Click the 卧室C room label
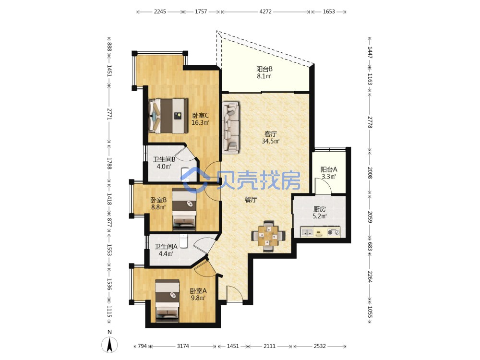pos(201,115)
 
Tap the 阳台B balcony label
pos(264,69)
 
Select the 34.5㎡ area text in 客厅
pos(271,141)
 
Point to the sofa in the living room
pos(231,127)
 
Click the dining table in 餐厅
pos(268,236)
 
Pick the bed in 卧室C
pos(168,116)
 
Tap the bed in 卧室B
pos(184,209)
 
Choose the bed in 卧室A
pos(167,300)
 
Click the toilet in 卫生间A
pos(183,241)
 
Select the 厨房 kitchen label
pos(319,209)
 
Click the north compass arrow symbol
pos(109,345)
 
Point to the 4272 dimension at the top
pos(265,12)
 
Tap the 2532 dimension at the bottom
pos(320,346)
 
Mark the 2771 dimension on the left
pos(109,114)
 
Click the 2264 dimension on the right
pos(370,276)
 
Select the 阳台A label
pos(329,169)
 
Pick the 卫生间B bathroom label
pos(164,159)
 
